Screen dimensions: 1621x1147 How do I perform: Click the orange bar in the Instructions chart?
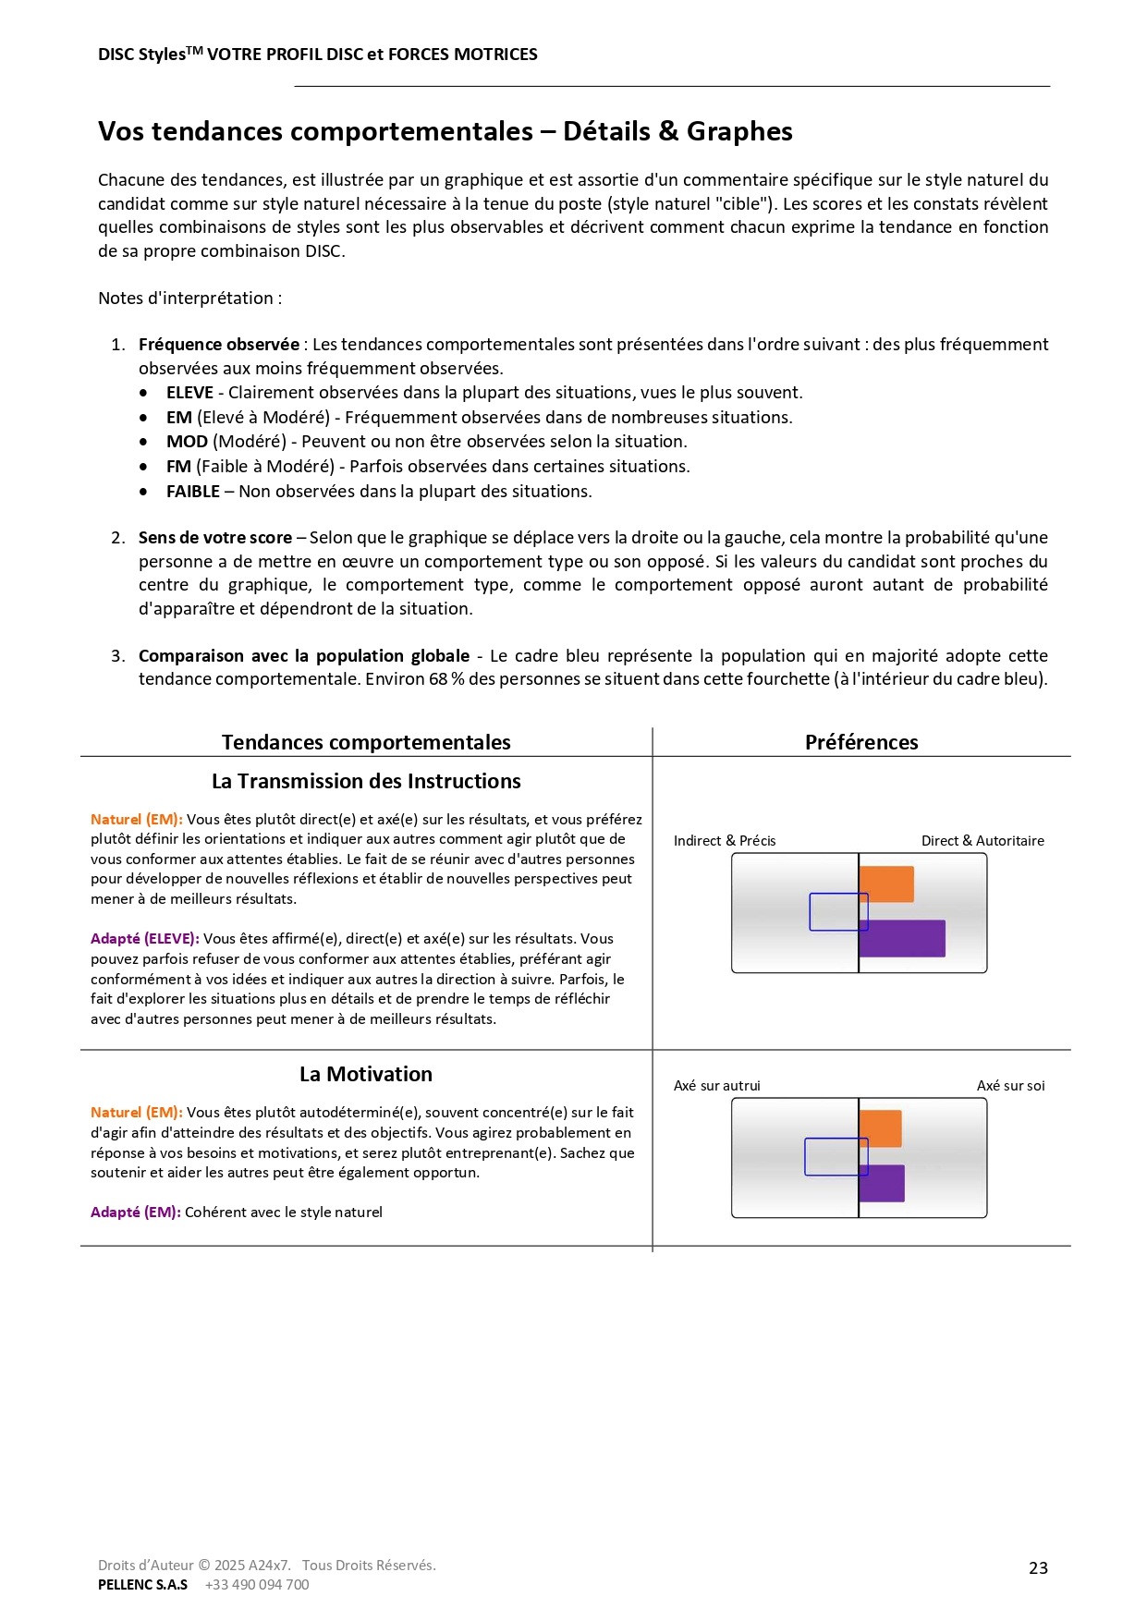tap(886, 884)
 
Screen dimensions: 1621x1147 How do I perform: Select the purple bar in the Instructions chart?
tap(902, 938)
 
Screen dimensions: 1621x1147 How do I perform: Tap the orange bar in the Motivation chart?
tap(880, 1128)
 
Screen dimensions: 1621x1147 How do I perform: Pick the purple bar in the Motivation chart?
tap(882, 1184)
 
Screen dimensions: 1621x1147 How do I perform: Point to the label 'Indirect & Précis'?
tap(725, 841)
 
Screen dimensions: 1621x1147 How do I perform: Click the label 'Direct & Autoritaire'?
tap(982, 841)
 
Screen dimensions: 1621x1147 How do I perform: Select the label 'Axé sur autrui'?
tap(717, 1086)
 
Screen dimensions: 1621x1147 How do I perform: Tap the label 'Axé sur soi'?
tap(1010, 1086)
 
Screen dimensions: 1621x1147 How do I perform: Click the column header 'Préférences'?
tap(861, 742)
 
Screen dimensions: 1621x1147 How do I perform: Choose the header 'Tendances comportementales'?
tap(366, 742)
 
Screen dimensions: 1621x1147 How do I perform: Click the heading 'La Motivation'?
tap(366, 1074)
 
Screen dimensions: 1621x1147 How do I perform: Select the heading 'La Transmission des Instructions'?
tap(366, 781)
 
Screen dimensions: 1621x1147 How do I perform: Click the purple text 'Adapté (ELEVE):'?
tap(145, 939)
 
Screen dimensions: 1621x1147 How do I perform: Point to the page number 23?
tap(1038, 1568)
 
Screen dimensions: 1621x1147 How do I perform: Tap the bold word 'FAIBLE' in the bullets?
tap(192, 492)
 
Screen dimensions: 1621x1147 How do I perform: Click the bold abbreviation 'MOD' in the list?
tap(187, 442)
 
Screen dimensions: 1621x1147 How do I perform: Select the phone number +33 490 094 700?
tap(257, 1585)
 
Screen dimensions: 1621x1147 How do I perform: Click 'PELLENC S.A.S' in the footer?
tap(142, 1585)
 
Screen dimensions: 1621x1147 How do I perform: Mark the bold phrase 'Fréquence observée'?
tap(219, 345)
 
